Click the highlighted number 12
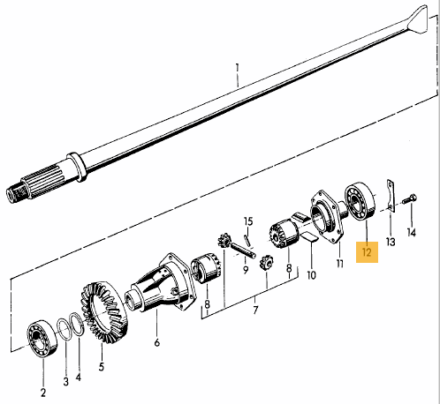point(367,252)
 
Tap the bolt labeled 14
point(410,198)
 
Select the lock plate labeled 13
point(390,196)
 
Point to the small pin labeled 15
point(247,240)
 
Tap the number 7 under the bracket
point(255,310)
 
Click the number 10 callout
point(311,275)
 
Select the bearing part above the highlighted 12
point(360,201)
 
